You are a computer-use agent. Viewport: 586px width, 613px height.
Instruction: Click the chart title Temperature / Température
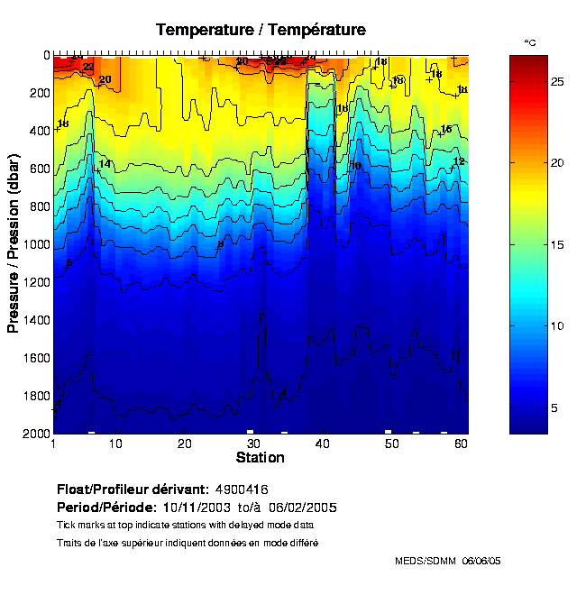click(x=261, y=30)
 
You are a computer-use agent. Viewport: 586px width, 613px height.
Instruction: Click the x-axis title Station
click(x=260, y=458)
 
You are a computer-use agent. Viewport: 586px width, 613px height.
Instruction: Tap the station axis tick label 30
click(x=253, y=444)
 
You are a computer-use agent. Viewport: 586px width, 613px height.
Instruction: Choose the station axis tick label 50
click(x=390, y=444)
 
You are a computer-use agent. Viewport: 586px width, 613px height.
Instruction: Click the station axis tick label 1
click(x=54, y=444)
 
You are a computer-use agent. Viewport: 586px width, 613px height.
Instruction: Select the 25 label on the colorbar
click(x=557, y=82)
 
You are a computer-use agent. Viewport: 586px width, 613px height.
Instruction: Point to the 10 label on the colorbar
click(x=557, y=325)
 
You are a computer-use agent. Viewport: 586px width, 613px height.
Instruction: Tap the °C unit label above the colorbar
click(x=530, y=42)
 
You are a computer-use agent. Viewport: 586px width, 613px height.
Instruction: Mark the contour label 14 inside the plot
click(x=105, y=164)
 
